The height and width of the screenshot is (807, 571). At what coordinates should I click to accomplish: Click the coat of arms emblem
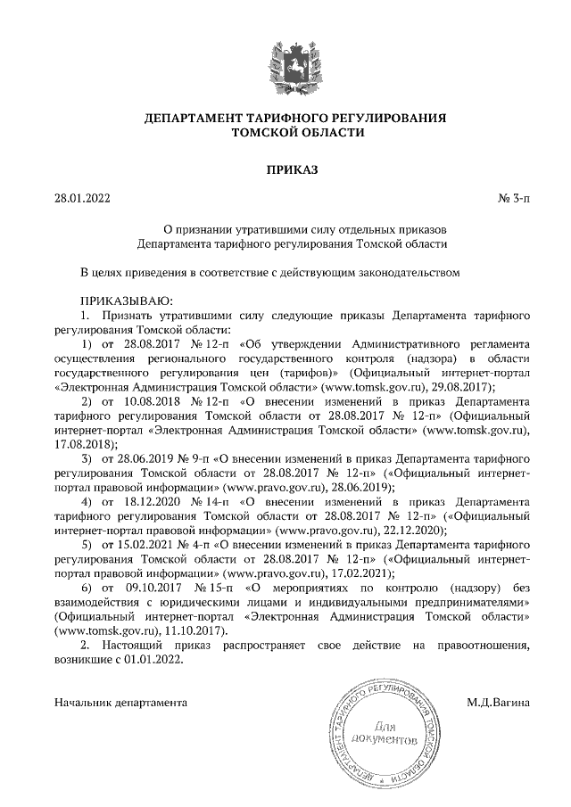[x=285, y=62]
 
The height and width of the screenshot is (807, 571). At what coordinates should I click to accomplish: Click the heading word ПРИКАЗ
[x=285, y=169]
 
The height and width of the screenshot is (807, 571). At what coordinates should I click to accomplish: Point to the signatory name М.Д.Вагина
[x=498, y=703]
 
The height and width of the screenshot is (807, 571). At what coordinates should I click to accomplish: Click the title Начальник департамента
[x=120, y=703]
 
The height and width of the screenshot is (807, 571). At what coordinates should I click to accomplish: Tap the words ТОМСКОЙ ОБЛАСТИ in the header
[x=285, y=134]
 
